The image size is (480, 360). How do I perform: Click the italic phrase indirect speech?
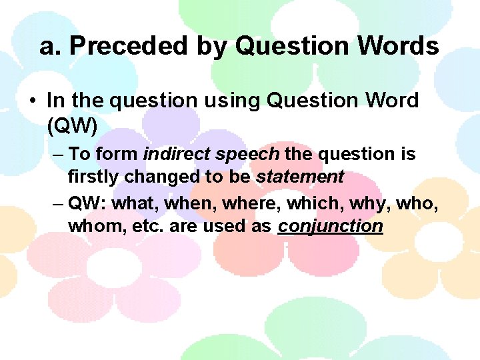211,154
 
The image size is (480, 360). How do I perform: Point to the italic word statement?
300,177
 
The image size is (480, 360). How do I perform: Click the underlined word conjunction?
331,225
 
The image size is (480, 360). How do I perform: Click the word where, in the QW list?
252,203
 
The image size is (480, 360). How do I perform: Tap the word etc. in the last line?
147,225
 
